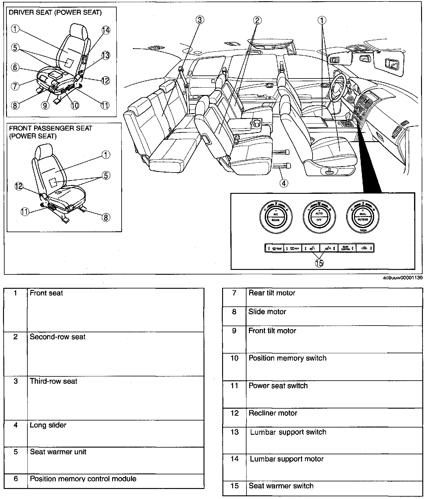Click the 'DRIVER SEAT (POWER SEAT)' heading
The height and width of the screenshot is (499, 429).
point(55,12)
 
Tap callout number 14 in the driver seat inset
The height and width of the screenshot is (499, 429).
point(106,30)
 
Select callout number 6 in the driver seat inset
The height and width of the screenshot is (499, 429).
point(15,67)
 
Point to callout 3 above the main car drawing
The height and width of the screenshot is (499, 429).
point(199,20)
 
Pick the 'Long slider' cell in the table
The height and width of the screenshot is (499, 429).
point(48,425)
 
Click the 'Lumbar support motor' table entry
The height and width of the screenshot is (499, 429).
point(287,459)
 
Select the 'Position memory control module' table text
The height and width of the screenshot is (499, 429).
point(83,479)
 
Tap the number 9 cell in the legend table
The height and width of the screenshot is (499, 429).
point(234,331)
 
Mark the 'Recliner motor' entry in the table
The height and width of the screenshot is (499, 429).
point(273,413)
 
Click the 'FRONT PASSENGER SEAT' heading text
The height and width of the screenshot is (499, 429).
point(51,128)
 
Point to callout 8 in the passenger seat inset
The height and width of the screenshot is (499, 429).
point(105,217)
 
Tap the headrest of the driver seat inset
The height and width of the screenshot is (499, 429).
point(78,30)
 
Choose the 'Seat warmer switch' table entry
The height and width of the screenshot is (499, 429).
point(281,486)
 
